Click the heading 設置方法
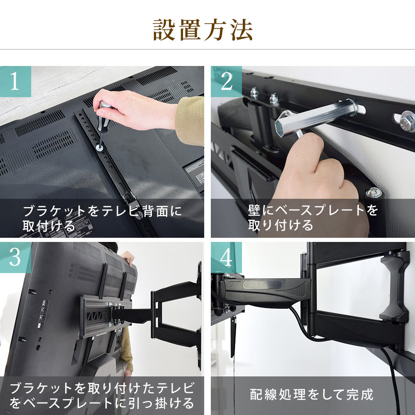point(203,30)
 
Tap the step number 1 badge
point(15,82)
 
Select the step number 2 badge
point(226,82)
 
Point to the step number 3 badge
point(15,258)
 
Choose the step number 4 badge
point(226,258)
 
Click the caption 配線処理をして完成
point(312,394)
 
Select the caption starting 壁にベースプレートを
point(313,217)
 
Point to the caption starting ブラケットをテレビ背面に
point(102,218)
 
